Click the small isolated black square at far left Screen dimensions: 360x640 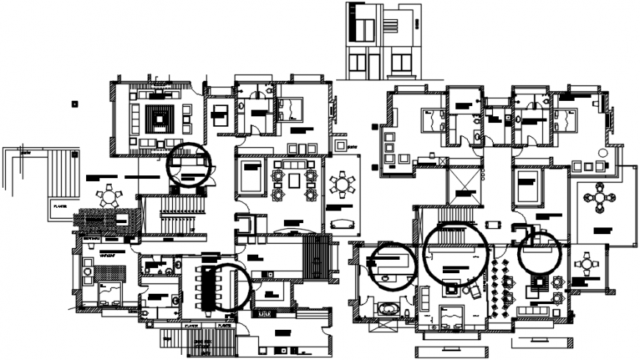pyautogui.click(x=74, y=104)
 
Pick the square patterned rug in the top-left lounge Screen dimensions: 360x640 pyautogui.click(x=159, y=118)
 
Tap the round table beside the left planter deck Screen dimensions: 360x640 pyautogui.click(x=110, y=197)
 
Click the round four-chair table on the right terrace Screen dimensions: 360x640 pyautogui.click(x=600, y=200)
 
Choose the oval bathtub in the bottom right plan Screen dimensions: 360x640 pyautogui.click(x=385, y=308)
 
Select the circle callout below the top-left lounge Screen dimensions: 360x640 pyautogui.click(x=189, y=163)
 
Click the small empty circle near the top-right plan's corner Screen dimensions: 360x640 pyautogui.click(x=602, y=152)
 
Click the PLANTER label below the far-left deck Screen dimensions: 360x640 pyautogui.click(x=60, y=207)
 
